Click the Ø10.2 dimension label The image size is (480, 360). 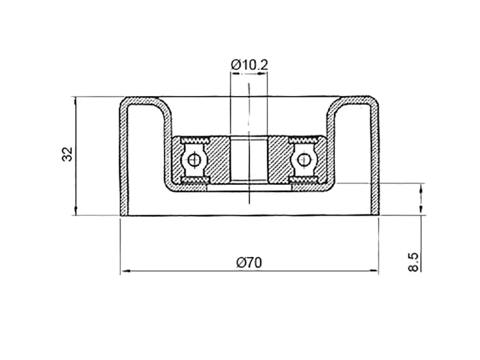click(250, 65)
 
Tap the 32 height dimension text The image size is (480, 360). click(67, 154)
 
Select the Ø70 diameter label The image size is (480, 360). click(249, 263)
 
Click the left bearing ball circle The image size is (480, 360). click(193, 160)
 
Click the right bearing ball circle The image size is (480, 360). click(304, 160)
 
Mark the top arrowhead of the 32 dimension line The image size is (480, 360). click(76, 101)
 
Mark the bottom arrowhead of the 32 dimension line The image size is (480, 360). click(76, 211)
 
